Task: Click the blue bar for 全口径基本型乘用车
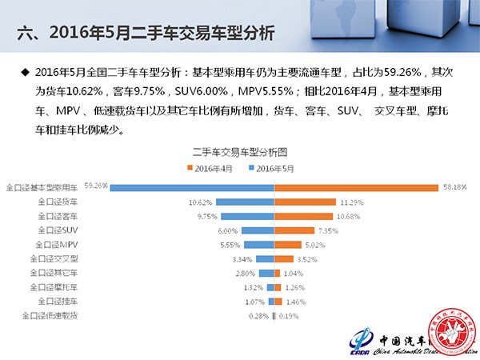pos(192,187)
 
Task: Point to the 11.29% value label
pos(330,202)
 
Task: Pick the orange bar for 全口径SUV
pos(285,230)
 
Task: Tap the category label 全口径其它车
pos(56,273)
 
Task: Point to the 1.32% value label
pos(253,287)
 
